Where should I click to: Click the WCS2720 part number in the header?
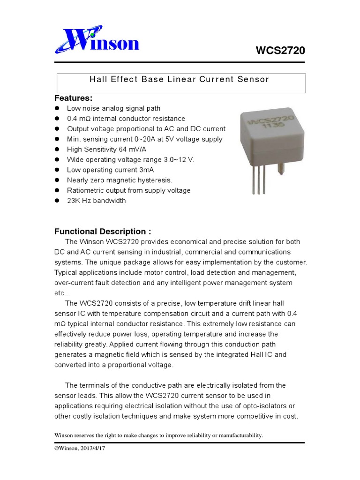pyautogui.click(x=280, y=51)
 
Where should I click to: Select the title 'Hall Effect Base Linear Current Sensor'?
pyautogui.click(x=180, y=79)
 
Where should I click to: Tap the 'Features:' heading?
pyautogui.click(x=74, y=98)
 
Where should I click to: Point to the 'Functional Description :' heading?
pyautogui.click(x=103, y=232)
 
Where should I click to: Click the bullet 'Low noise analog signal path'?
pyautogui.click(x=113, y=108)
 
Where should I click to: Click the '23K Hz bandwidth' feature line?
pyautogui.click(x=96, y=201)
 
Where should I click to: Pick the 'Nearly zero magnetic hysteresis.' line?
pyautogui.click(x=120, y=180)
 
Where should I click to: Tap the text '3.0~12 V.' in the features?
pyautogui.click(x=179, y=160)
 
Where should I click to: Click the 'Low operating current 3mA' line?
pyautogui.click(x=110, y=170)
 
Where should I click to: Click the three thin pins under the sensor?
pyautogui.click(x=259, y=183)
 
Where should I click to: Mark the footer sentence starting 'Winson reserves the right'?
pyautogui.click(x=159, y=435)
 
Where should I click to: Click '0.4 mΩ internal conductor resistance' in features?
pyautogui.click(x=126, y=119)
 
